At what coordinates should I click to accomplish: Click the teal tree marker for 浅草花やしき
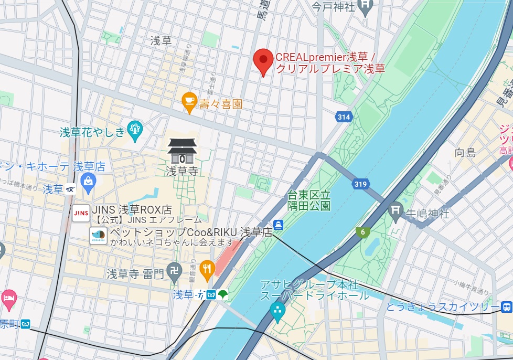(x=135, y=130)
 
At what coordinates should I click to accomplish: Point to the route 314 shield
(x=344, y=117)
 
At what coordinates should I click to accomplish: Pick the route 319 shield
(x=360, y=184)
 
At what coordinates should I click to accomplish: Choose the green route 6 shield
(x=362, y=231)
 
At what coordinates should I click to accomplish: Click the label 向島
(x=465, y=153)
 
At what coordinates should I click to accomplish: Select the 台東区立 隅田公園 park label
(x=309, y=199)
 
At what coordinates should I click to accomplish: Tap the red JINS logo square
(x=81, y=213)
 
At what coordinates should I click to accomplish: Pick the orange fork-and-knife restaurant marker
(x=208, y=268)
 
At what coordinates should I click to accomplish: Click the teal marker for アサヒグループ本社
(x=277, y=313)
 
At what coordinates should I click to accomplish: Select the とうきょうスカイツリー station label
(x=443, y=307)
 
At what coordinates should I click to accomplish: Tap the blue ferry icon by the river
(x=278, y=224)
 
